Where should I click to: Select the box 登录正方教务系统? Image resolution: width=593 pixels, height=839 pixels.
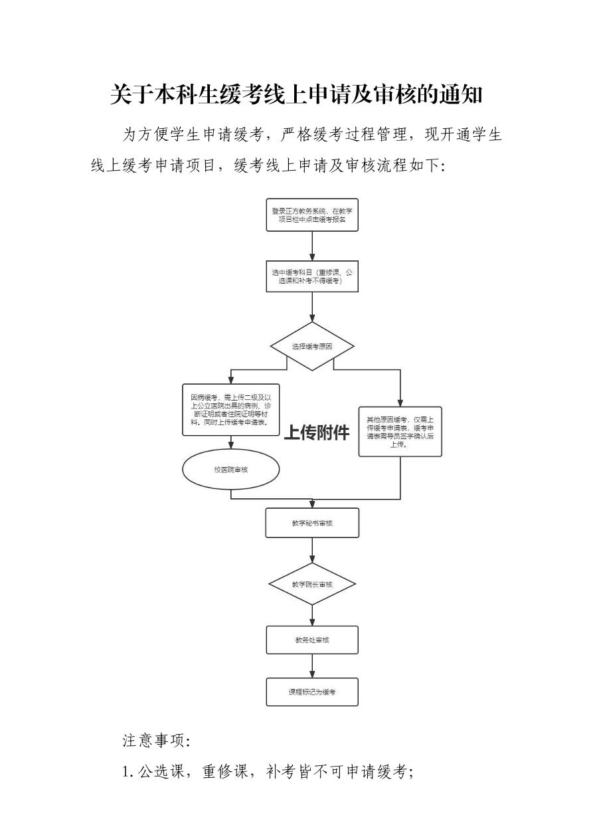point(312,215)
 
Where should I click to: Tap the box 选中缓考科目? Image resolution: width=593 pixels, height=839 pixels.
point(312,276)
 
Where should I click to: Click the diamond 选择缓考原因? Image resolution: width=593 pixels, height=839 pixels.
point(312,347)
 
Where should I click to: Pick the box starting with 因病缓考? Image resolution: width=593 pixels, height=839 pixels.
point(230,410)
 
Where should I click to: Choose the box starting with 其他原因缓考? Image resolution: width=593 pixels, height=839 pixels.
point(400,431)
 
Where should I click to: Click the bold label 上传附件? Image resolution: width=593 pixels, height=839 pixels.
point(317,433)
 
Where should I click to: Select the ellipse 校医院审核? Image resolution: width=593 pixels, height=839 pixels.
point(230,470)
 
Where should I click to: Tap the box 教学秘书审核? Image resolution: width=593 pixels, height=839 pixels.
point(312,523)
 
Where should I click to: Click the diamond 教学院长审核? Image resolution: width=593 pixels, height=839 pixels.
point(312,585)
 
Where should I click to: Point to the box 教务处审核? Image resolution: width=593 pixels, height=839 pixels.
point(312,640)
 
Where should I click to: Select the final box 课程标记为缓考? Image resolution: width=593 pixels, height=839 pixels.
point(312,692)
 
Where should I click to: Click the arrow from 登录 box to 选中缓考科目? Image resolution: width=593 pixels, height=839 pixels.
point(312,246)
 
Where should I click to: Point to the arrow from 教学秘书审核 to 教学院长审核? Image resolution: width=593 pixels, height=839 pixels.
point(312,550)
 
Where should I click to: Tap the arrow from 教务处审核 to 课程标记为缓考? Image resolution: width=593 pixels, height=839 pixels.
point(312,666)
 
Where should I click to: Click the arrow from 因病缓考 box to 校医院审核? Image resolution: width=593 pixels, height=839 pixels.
point(230,443)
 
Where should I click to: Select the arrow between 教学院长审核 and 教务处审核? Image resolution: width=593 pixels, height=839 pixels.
point(312,615)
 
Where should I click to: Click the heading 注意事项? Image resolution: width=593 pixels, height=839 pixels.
point(157,740)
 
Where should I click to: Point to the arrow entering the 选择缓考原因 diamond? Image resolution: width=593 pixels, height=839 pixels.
point(312,308)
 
